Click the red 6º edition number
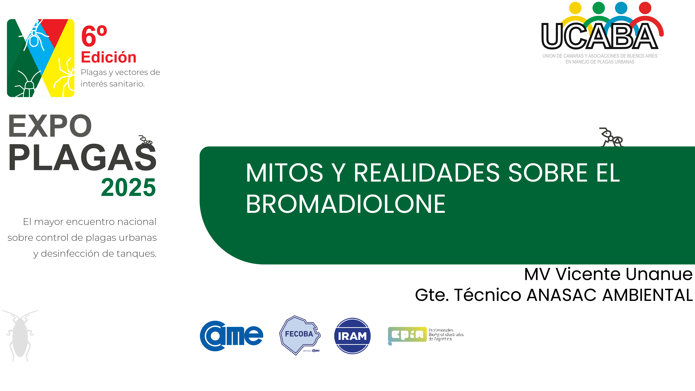(94, 36)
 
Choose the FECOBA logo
(299, 335)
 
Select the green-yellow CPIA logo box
(407, 335)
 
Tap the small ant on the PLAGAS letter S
(146, 140)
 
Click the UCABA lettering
(599, 36)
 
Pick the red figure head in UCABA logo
(645, 8)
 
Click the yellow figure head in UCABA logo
(575, 8)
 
